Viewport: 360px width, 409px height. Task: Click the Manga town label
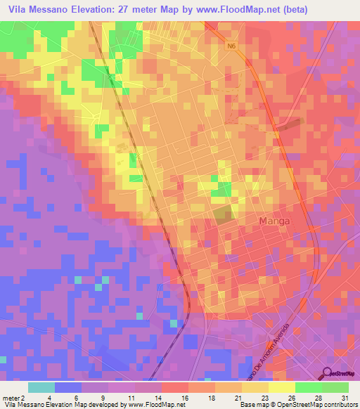tap(275, 221)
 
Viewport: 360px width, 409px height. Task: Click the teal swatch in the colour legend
tap(41, 387)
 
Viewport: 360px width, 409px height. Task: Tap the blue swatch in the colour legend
tap(68, 387)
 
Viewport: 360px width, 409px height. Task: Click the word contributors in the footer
tap(340, 405)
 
